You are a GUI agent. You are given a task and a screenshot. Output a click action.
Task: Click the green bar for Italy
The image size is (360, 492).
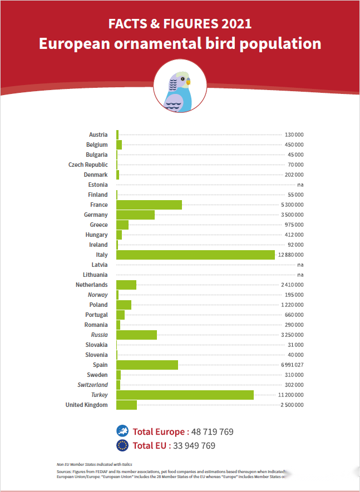pos(195,255)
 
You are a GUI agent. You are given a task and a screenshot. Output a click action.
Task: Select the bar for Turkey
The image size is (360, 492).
pos(185,395)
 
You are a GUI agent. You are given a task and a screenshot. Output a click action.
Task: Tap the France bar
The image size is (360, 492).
pos(149,205)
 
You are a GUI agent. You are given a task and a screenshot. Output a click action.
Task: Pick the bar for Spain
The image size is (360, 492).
pos(147,365)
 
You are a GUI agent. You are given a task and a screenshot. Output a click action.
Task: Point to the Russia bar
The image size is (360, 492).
pos(136,335)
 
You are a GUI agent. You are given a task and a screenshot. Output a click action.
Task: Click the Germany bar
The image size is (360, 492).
pos(135,215)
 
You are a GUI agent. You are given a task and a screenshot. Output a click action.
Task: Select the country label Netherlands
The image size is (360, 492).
pos(92,285)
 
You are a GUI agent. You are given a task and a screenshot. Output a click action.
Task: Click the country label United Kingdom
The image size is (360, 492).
pos(86,405)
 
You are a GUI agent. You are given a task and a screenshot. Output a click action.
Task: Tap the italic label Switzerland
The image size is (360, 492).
pos(92,385)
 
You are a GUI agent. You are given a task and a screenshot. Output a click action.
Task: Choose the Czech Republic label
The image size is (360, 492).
pos(88,165)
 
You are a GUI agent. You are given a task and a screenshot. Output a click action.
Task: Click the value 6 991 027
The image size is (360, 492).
pos(293,365)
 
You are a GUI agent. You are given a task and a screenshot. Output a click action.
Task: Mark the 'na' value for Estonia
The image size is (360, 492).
pos(300,185)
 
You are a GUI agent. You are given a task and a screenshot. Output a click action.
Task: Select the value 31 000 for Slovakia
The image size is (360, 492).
pos(296,345)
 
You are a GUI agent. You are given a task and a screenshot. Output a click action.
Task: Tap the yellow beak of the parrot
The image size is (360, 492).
pos(188,81)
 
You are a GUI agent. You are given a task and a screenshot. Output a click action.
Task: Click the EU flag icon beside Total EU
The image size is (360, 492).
pos(122,445)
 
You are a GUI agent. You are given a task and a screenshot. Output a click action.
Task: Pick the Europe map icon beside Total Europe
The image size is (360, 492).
pos(122,431)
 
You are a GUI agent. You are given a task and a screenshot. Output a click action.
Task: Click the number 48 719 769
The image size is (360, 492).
pos(212,432)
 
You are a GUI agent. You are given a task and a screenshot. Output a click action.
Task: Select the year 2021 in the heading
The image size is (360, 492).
pos(236,24)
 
